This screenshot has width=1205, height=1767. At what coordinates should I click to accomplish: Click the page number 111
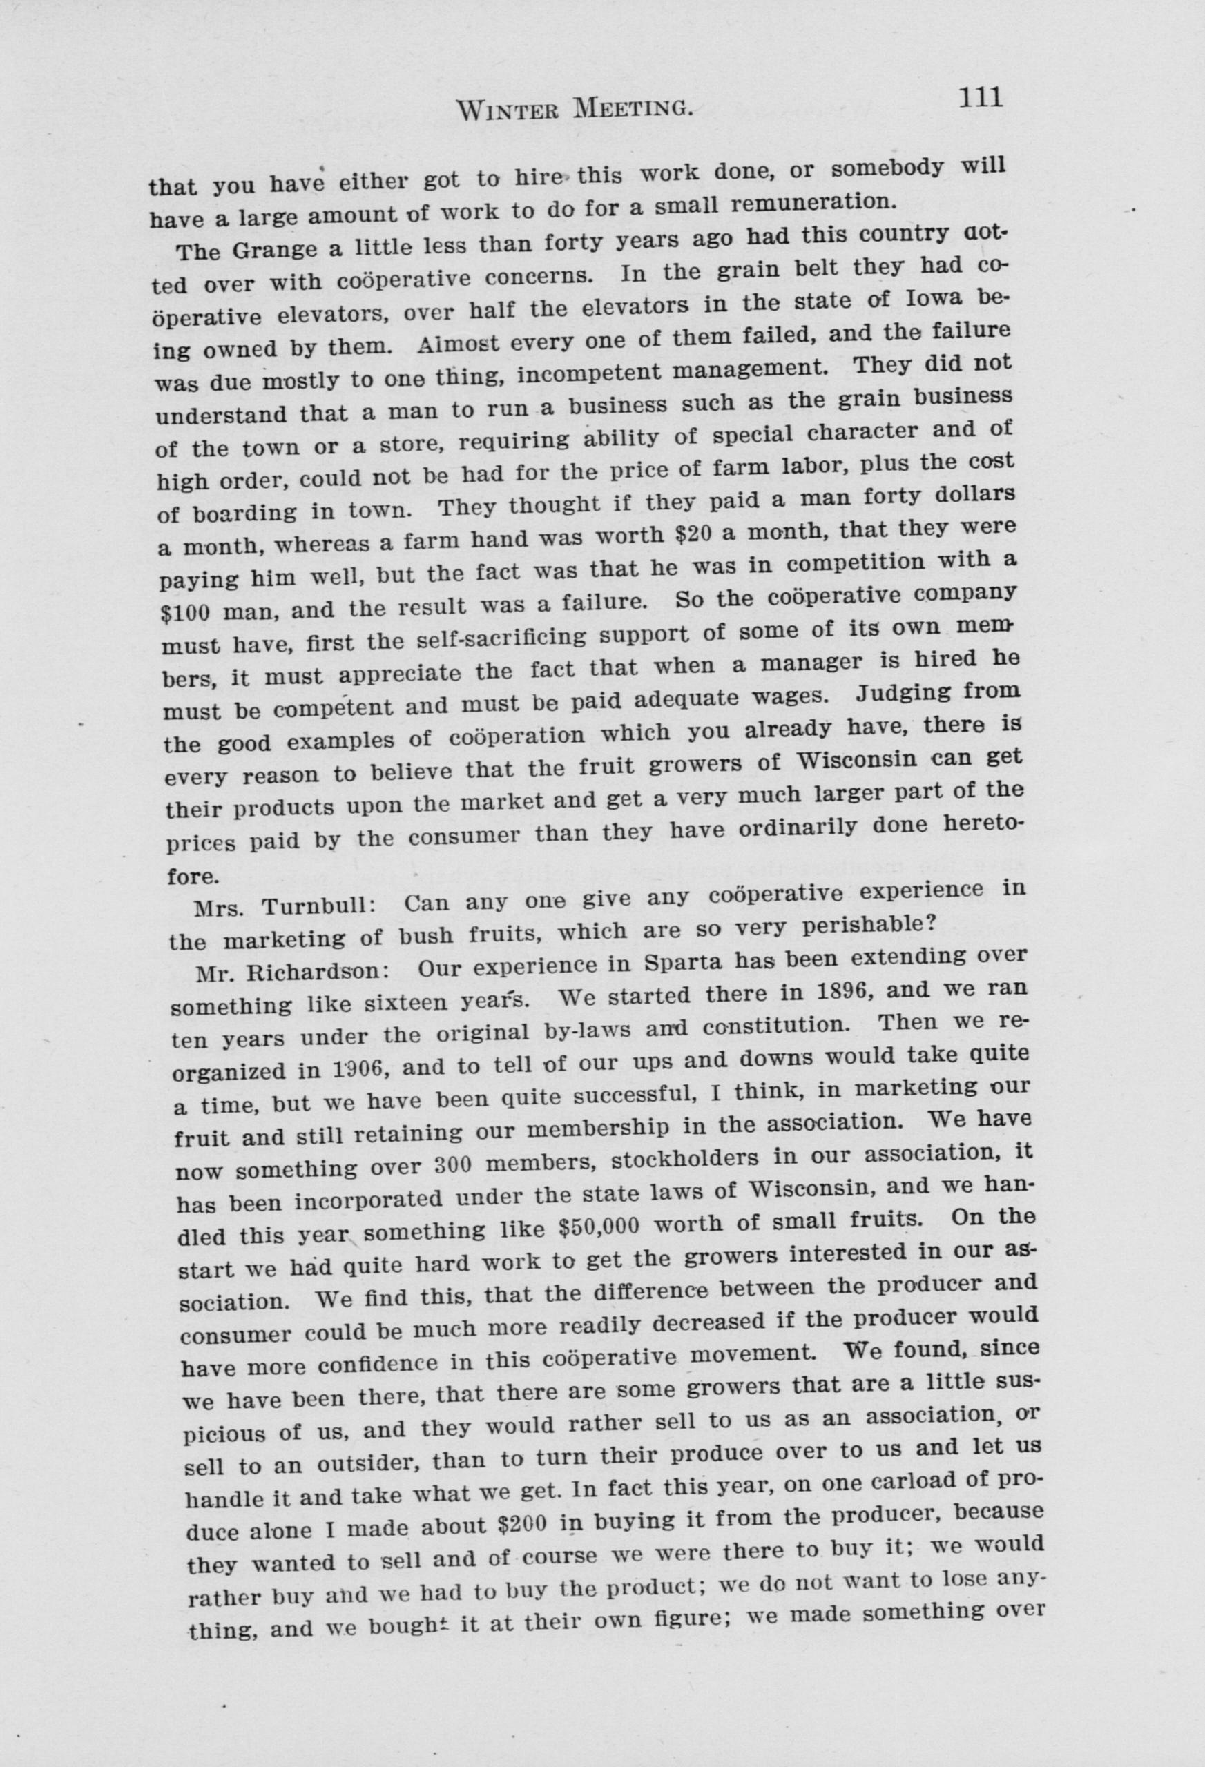(981, 98)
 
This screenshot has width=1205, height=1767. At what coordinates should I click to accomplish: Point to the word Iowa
(933, 300)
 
